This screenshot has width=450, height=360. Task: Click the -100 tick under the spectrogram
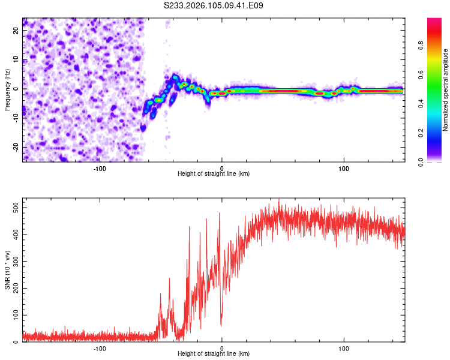click(100, 169)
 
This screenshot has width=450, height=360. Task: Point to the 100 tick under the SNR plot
click(344, 349)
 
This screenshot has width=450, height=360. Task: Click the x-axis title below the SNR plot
click(214, 354)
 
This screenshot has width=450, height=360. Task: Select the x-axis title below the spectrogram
click(214, 174)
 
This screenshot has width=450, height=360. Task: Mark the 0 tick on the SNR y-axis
click(19, 342)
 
